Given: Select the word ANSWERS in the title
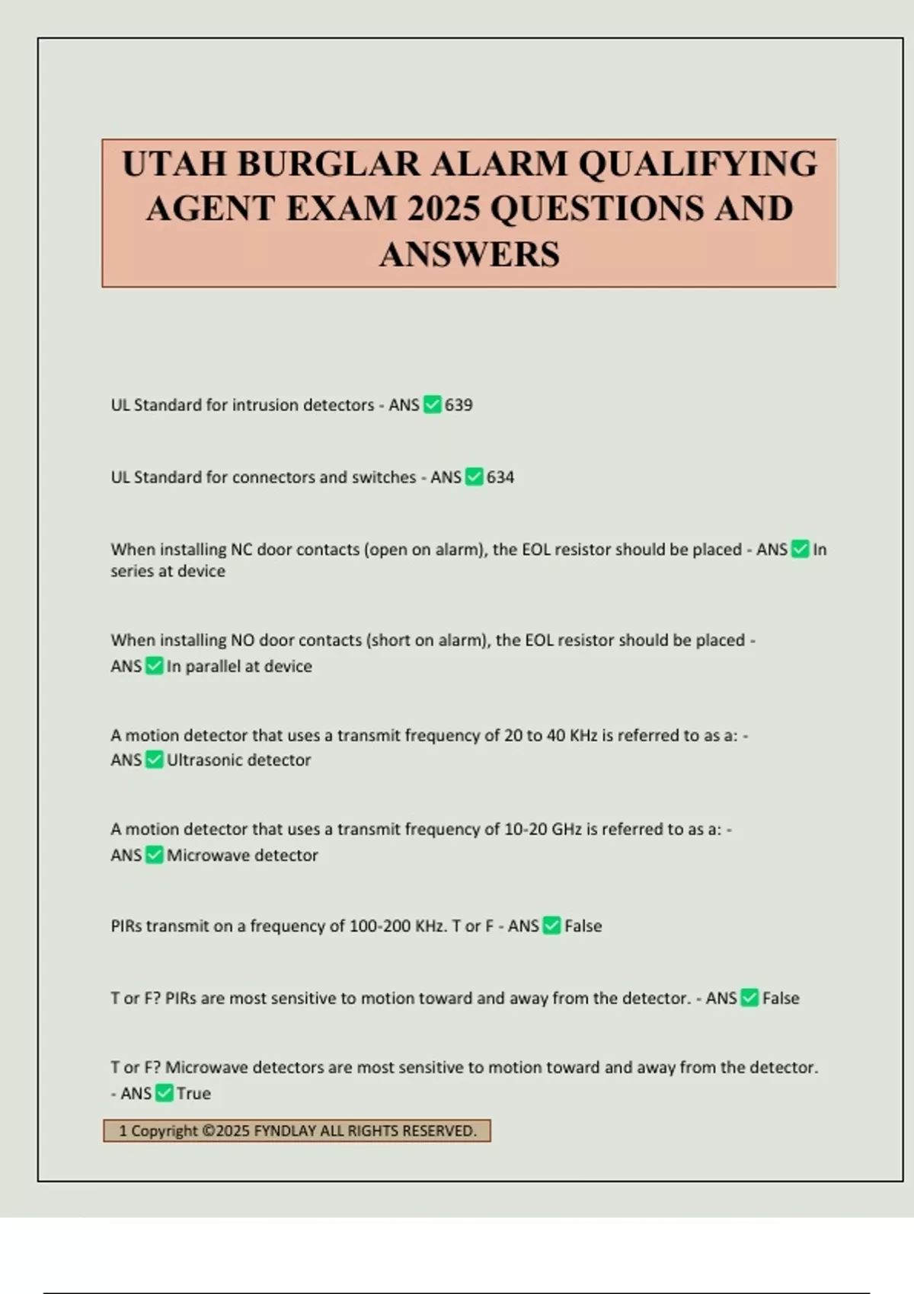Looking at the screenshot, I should point(469,254).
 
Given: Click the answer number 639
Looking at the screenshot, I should point(459,405).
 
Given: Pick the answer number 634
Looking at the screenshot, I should point(500,477).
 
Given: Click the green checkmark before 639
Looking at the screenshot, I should point(433,404).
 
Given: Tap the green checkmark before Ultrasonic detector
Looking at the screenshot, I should point(155,760).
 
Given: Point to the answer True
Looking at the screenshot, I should point(193,1093).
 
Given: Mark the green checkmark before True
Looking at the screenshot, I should point(165,1093).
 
